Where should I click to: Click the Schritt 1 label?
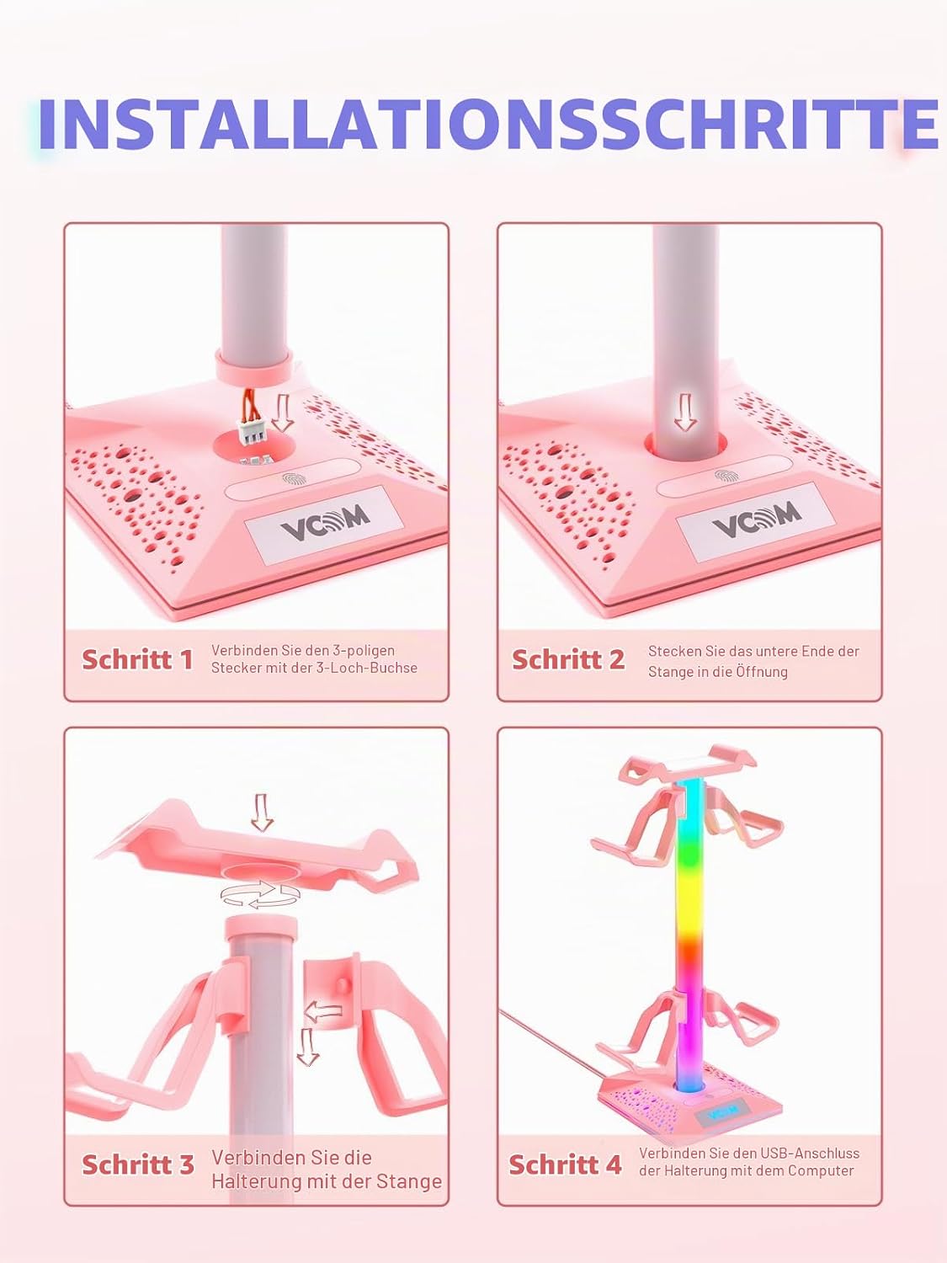coord(137,659)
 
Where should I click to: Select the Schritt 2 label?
coord(568,659)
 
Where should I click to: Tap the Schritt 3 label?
coord(138,1164)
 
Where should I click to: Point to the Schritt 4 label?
coord(565,1164)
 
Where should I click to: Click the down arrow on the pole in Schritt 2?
coord(685,413)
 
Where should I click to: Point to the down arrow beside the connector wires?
coord(282,413)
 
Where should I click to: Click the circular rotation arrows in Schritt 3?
coord(260,893)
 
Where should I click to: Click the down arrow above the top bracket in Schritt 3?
coord(262,812)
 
